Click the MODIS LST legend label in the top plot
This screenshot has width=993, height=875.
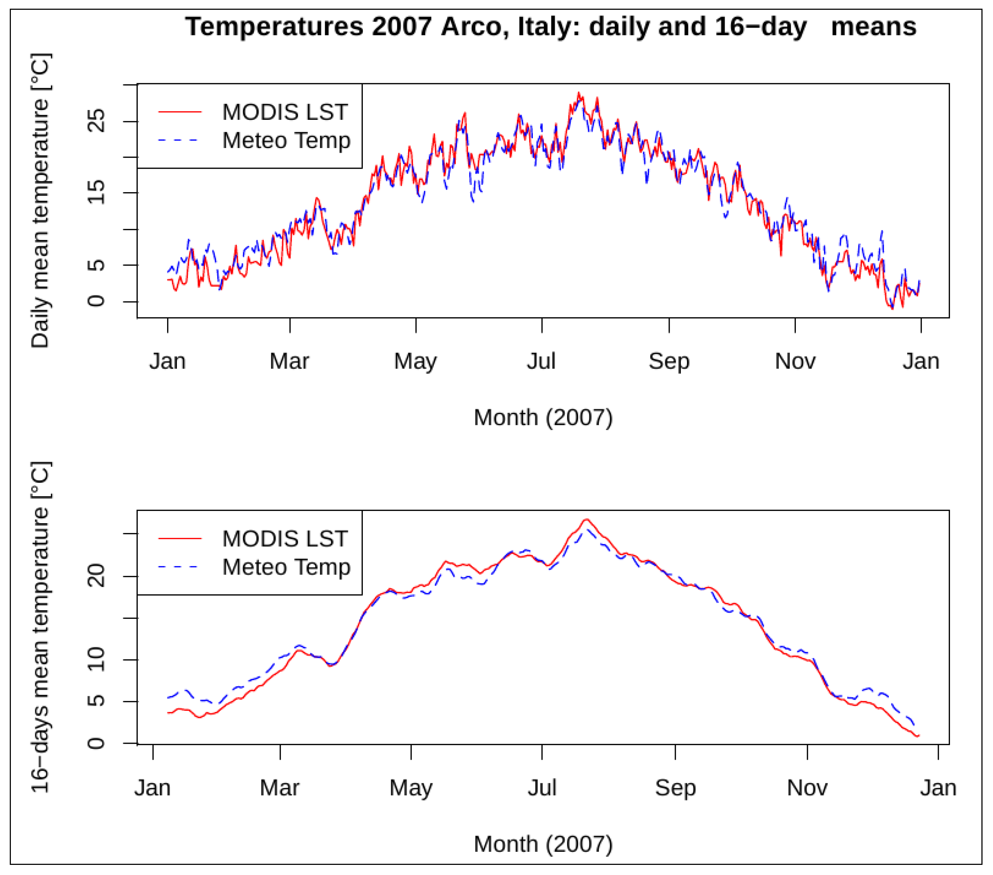click(x=285, y=112)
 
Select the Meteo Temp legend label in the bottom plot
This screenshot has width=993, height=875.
click(x=286, y=567)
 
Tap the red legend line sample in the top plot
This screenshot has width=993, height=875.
click(x=180, y=112)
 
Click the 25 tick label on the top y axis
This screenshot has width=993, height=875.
click(x=96, y=121)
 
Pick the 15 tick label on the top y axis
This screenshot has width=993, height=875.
click(x=96, y=193)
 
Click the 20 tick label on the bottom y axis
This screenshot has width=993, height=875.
click(x=96, y=576)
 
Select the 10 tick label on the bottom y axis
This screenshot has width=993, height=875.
click(x=96, y=659)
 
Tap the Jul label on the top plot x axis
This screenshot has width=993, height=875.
click(x=541, y=361)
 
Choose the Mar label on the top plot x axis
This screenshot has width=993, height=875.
click(x=289, y=361)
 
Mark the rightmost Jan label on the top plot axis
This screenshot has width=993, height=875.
click(x=921, y=361)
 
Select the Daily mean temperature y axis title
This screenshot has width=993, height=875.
click(x=40, y=200)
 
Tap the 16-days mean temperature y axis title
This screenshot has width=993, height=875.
click(x=40, y=627)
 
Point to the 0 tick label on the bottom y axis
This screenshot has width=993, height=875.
click(x=96, y=743)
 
